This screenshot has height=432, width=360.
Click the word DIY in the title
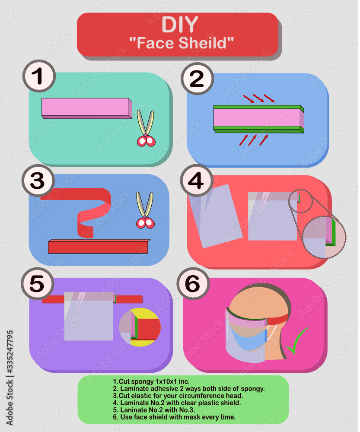[x=180, y=25]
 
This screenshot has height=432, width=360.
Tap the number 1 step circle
[x=39, y=76]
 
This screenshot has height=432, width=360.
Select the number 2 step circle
[x=197, y=79]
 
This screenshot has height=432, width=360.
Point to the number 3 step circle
[x=38, y=181]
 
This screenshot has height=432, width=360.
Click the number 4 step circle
[x=197, y=181]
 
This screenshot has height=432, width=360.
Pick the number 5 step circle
[x=37, y=283]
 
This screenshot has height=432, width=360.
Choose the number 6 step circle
[x=193, y=283]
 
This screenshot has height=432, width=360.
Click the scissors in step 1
[x=146, y=128]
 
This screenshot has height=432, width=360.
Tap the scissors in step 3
[x=145, y=210]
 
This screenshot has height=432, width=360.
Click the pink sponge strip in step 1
[x=87, y=108]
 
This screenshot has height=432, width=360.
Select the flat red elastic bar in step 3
[x=99, y=246]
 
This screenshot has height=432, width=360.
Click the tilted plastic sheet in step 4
[x=215, y=216]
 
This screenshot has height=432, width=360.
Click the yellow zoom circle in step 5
[x=140, y=327]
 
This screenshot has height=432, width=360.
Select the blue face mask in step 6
[x=248, y=337]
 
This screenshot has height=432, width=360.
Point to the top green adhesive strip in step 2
[x=258, y=108]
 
